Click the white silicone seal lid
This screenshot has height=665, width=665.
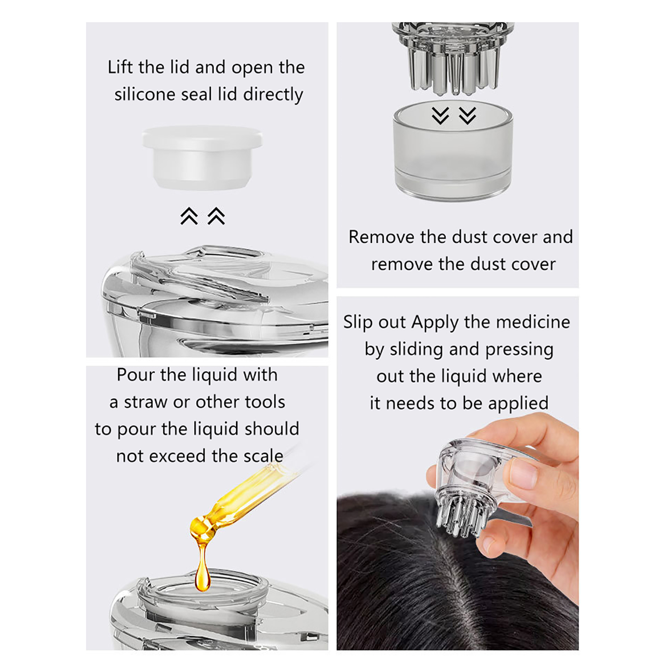click(202, 157)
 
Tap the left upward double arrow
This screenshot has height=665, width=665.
click(189, 216)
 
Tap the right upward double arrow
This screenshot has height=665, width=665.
click(216, 216)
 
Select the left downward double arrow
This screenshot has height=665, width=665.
click(440, 116)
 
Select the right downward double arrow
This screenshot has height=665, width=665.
click(468, 116)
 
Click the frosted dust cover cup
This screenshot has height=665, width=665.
click(453, 150)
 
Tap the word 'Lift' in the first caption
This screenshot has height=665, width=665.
click(121, 67)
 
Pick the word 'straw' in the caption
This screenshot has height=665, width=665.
click(146, 402)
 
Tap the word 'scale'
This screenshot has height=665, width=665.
click(264, 456)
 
